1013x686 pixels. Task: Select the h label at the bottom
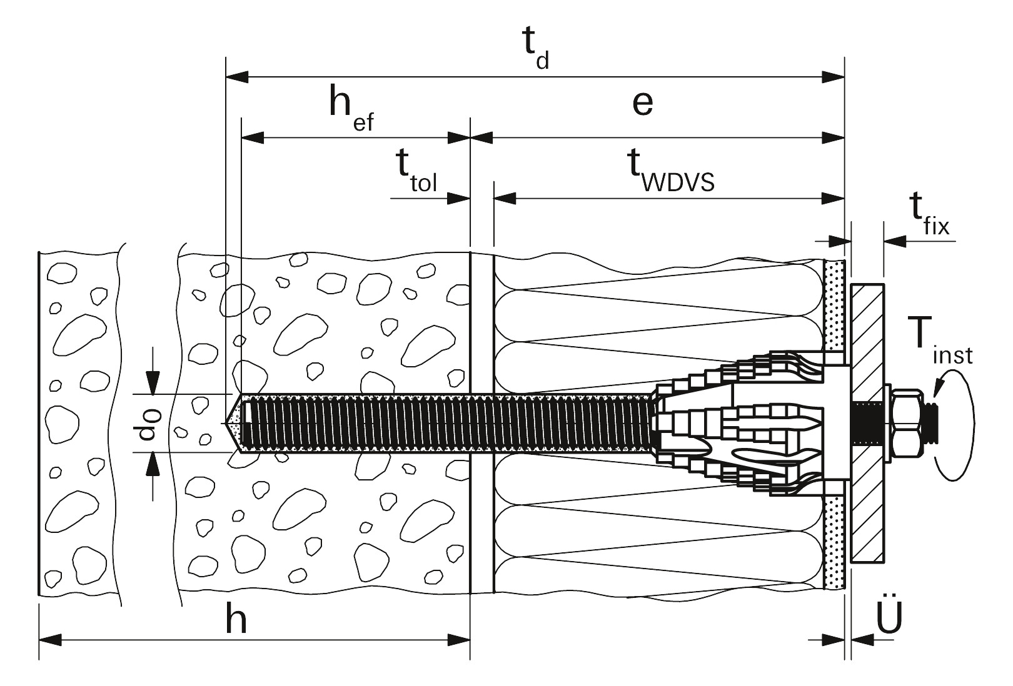coord(235,620)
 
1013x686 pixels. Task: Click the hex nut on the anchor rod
coord(906,423)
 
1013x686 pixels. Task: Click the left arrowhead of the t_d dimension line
coord(237,77)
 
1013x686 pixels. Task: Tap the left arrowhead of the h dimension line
coord(51,639)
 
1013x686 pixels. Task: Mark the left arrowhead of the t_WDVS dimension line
coord(505,199)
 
